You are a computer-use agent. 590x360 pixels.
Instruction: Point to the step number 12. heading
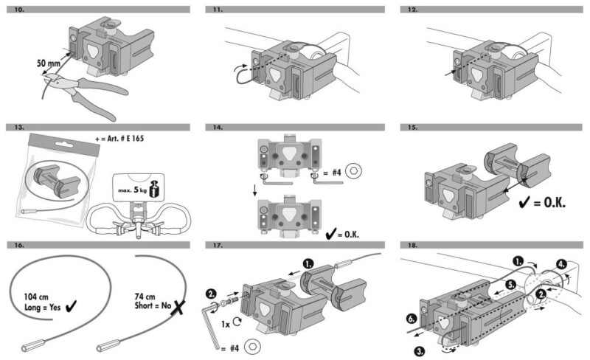(x=412, y=10)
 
